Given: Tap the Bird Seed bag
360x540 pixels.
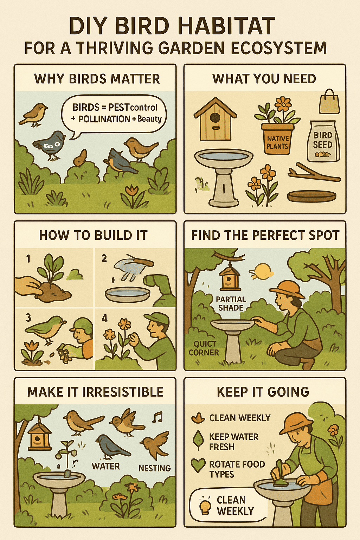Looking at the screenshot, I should (323, 141).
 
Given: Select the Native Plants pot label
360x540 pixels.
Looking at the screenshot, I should (277, 142).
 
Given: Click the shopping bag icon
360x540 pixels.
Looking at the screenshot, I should (329, 102).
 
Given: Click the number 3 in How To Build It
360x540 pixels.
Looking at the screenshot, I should (28, 318).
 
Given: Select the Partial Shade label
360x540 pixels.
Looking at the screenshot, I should (231, 303).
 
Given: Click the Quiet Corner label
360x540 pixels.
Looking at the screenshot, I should (204, 348).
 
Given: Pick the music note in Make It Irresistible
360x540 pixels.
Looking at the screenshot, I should (157, 417).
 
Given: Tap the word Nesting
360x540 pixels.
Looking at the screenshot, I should (154, 468).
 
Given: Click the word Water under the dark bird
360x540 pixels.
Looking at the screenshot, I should (106, 466).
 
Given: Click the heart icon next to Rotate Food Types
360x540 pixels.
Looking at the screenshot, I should (198, 465).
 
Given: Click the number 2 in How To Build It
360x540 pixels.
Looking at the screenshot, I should (104, 258).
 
